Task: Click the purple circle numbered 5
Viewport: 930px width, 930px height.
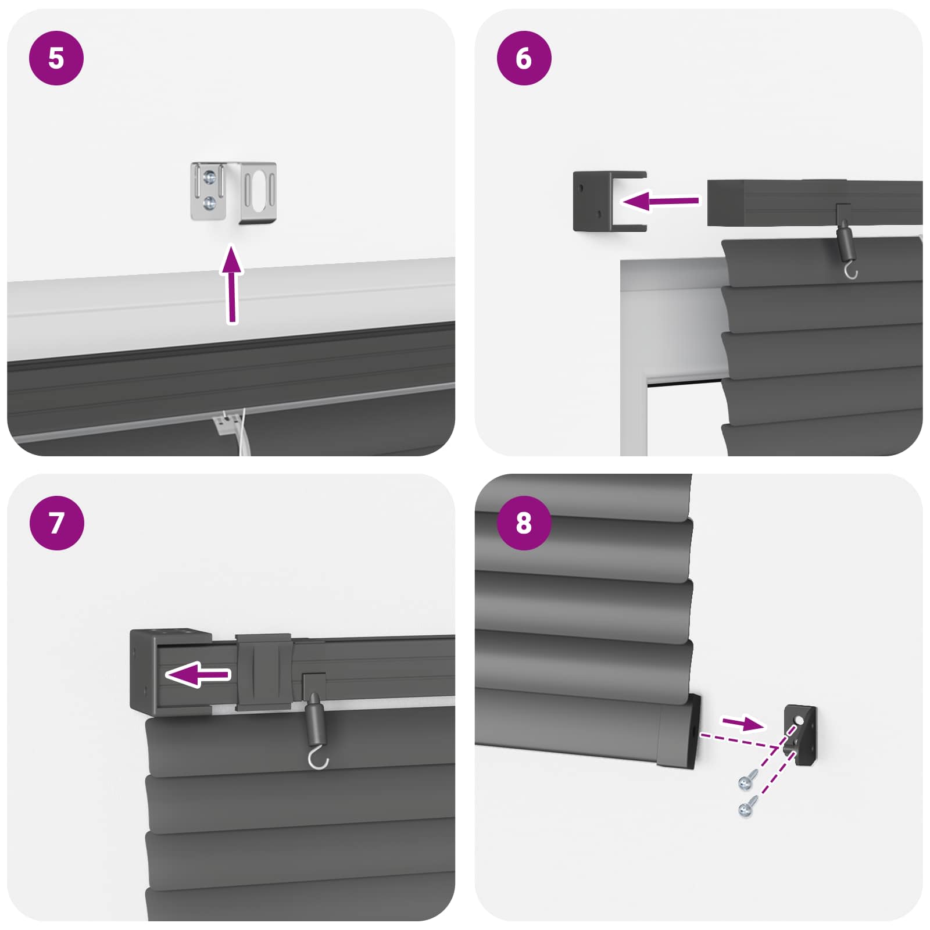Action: point(56,58)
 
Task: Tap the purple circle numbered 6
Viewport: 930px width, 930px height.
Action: point(524,58)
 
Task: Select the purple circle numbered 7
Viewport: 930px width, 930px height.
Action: point(56,523)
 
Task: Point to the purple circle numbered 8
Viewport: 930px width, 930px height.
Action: point(524,523)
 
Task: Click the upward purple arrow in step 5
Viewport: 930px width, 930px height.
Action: point(232,285)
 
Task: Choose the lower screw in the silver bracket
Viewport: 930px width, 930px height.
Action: point(210,203)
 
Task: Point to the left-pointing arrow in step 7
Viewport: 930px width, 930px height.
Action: point(198,674)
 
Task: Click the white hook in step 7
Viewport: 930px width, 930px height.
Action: point(318,759)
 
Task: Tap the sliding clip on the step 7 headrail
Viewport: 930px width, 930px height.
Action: point(263,671)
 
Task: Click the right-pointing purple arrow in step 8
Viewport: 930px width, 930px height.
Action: point(742,723)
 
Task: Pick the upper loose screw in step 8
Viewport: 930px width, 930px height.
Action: point(746,782)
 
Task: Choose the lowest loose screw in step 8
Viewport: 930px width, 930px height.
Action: point(746,808)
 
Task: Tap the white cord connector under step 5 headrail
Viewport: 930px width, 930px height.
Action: point(227,424)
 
